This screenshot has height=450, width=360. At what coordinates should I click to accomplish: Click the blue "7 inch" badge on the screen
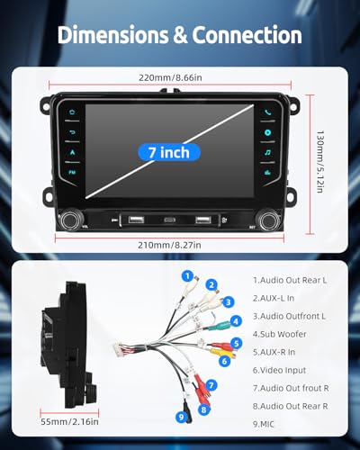pyautogui.click(x=169, y=152)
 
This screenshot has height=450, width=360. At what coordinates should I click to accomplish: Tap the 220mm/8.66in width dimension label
pyautogui.click(x=170, y=77)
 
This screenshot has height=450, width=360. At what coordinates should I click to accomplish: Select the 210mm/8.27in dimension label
pyautogui.click(x=169, y=245)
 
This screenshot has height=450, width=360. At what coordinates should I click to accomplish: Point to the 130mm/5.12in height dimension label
pyautogui.click(x=320, y=161)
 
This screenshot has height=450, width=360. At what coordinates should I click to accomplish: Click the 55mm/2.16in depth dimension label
pyautogui.click(x=69, y=421)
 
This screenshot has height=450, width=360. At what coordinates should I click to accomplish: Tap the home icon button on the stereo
pyautogui.click(x=72, y=112)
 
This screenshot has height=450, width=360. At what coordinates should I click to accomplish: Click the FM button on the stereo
pyautogui.click(x=72, y=173)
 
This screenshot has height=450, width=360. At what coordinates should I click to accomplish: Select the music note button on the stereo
pyautogui.click(x=267, y=152)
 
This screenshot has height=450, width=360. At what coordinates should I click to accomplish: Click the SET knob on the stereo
pyautogui.click(x=269, y=220)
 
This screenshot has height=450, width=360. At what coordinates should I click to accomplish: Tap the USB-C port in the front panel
pyautogui.click(x=170, y=220)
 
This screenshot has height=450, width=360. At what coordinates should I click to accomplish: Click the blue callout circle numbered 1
pyautogui.click(x=188, y=275)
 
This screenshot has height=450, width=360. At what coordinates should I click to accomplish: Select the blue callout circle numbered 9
pyautogui.click(x=181, y=417)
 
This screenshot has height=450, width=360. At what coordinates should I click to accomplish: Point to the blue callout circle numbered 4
pyautogui.click(x=236, y=321)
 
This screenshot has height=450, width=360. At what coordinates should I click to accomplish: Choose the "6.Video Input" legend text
pyautogui.click(x=279, y=370)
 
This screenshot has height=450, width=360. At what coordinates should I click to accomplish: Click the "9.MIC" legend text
pyautogui.click(x=264, y=424)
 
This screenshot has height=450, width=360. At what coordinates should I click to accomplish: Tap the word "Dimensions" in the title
pyautogui.click(x=112, y=35)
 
